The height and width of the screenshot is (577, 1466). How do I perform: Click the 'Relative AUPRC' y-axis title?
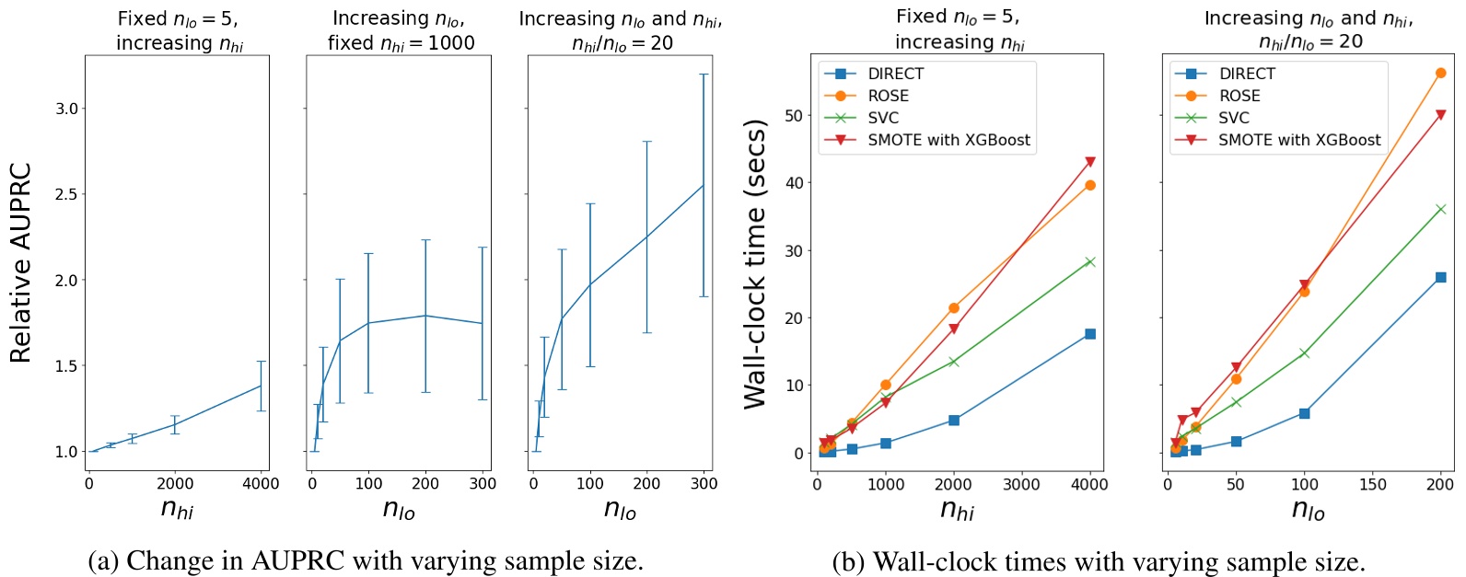coord(20,263)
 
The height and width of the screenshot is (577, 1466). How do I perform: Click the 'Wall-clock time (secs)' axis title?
coord(755,263)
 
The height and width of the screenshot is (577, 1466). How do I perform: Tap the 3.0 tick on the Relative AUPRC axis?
coord(66,109)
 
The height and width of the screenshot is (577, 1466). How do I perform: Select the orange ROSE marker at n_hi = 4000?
coord(1090,185)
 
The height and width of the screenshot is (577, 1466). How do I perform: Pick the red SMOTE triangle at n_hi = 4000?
coord(1090,162)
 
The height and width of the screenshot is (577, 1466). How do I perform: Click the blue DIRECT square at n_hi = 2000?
coord(954,420)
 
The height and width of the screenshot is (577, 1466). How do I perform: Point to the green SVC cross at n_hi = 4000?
coord(1090,261)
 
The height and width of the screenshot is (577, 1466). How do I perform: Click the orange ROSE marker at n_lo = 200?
coord(1441,73)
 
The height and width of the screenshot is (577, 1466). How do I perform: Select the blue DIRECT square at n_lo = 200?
coord(1441,277)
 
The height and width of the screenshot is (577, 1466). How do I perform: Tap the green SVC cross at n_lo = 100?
coord(1304,352)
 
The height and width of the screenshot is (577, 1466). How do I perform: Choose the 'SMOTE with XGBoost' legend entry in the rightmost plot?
coord(1298,140)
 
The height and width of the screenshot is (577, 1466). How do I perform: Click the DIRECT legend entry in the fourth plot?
coord(894,74)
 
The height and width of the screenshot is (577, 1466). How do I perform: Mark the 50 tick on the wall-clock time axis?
coord(793,115)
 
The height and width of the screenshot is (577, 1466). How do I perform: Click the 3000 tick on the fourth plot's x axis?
coord(1022,485)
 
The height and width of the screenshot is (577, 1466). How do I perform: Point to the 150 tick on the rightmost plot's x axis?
coord(1372,485)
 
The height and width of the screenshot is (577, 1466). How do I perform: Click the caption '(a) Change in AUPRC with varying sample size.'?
coord(366,560)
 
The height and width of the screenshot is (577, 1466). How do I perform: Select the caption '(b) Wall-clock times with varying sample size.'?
coord(1099,561)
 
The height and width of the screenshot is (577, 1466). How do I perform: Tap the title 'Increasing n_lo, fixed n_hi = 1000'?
coord(400,30)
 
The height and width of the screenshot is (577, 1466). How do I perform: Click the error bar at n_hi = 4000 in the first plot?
coord(262,386)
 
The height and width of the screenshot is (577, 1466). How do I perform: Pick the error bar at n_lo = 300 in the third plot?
coord(704,185)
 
